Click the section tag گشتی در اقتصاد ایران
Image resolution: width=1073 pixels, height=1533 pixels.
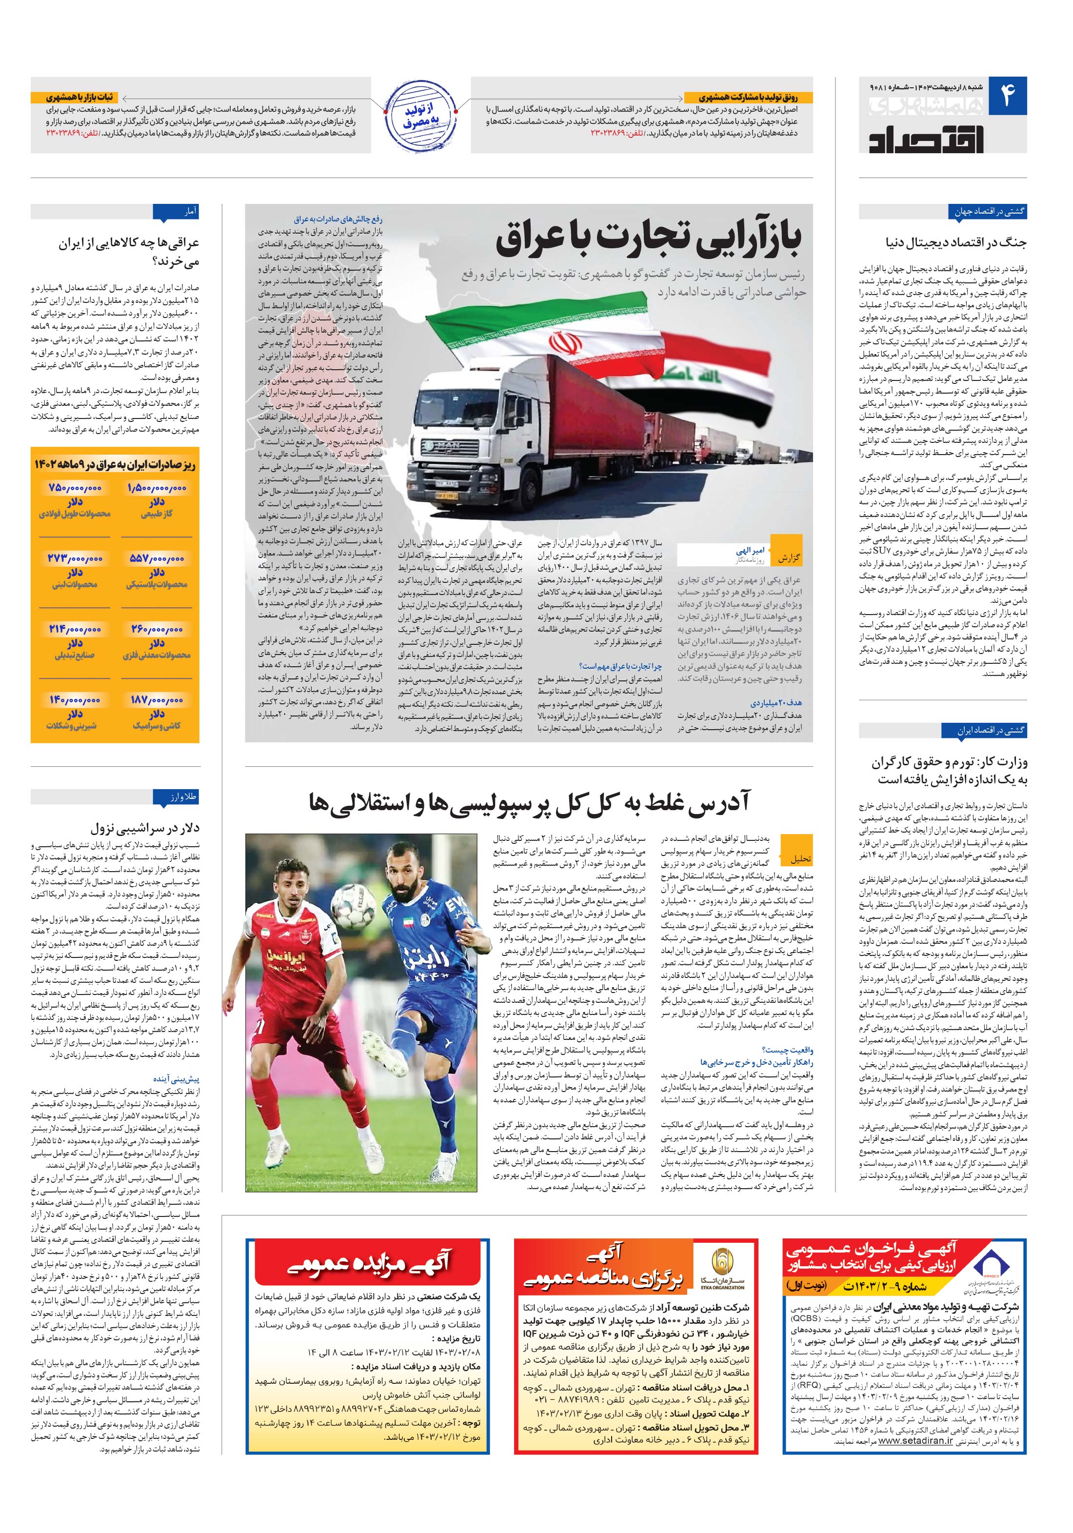[x=984, y=731]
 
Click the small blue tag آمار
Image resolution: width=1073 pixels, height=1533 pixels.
[x=189, y=212]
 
